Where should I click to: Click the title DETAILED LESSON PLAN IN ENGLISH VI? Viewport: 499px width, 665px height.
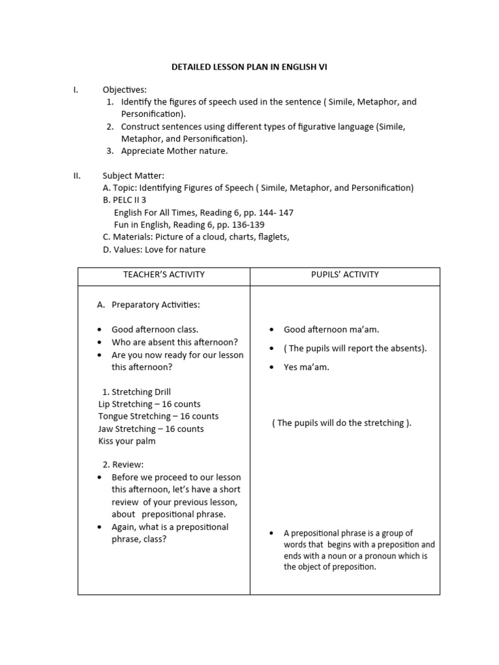[249, 66]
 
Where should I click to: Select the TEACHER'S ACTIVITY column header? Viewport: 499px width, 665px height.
[164, 275]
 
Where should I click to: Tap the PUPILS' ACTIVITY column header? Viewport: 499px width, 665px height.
[344, 275]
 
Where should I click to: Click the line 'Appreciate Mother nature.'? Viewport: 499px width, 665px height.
[174, 151]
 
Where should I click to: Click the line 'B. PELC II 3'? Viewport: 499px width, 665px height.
[125, 200]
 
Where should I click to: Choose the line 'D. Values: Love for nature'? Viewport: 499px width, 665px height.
[154, 249]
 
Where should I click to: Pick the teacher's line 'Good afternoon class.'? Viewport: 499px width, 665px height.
[155, 330]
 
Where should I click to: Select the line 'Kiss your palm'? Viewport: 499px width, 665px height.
[127, 442]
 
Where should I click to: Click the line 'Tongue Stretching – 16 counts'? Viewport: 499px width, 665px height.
[159, 416]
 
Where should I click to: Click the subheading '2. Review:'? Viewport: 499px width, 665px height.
[123, 465]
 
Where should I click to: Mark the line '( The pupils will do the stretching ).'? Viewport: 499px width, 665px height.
[342, 423]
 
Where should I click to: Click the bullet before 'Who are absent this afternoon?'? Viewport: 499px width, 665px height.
[99, 343]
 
